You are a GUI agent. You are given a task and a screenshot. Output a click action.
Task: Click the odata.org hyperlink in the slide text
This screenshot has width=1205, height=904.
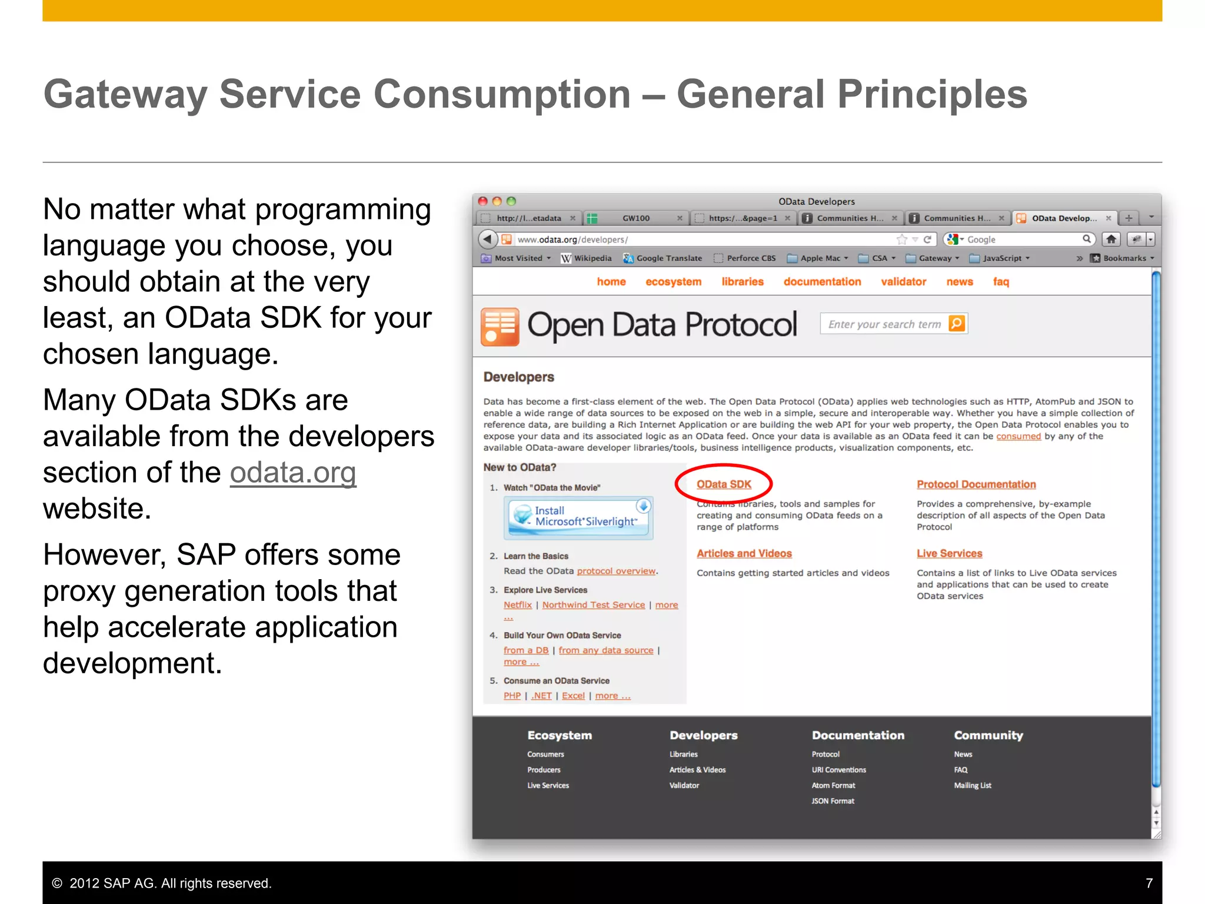point(292,473)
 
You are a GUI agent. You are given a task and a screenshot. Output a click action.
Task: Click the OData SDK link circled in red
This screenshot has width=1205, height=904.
point(724,484)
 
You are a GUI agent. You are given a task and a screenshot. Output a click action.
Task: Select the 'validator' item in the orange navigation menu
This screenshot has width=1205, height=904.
point(903,282)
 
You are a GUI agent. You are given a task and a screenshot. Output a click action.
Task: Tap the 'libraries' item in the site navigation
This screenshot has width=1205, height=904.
point(742,282)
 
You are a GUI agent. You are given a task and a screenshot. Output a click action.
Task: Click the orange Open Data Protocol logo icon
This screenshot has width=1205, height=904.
point(500,326)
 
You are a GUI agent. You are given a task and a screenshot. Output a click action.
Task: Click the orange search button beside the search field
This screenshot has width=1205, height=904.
point(957,324)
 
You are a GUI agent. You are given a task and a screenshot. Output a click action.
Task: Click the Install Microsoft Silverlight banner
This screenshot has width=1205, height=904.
point(578,517)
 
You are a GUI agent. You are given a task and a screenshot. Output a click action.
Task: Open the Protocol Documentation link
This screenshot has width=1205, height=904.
point(976,484)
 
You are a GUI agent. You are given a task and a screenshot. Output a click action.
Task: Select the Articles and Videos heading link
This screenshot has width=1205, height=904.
point(744,554)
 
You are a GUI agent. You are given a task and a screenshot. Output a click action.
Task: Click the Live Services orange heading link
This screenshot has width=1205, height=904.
point(949,554)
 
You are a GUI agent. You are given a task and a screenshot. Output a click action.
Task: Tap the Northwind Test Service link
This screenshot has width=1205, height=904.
point(593,605)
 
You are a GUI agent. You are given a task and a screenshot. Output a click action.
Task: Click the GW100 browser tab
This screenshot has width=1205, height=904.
point(635,218)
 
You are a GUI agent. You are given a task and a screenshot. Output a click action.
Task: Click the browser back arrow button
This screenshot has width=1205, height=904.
point(487,240)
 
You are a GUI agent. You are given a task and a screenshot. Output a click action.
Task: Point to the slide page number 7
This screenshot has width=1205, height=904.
point(1149,883)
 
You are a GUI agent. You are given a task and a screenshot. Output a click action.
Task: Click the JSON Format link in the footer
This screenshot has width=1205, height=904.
point(833,801)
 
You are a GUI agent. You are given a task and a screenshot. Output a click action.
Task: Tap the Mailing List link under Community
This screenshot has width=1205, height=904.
point(972,786)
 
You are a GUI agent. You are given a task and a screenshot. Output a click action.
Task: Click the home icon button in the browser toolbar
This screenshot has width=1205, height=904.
point(1111,240)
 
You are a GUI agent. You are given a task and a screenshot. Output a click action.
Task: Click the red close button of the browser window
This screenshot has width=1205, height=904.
point(482,201)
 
